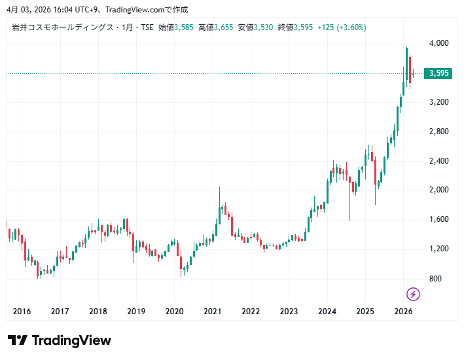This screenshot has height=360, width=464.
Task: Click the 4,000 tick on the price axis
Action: point(438,43)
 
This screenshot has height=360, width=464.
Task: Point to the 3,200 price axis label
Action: point(438,102)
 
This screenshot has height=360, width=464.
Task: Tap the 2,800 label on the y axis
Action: point(438,132)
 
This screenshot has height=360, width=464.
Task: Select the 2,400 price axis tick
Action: point(438,161)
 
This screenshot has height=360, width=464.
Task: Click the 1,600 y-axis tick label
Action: point(438,219)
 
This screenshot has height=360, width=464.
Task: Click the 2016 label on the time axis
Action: point(22,312)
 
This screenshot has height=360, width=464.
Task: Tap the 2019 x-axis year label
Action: point(136,312)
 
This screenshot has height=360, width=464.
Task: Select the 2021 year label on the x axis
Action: point(213,312)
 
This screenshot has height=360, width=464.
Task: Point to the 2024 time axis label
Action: point(327,312)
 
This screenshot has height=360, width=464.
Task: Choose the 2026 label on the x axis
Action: point(404,312)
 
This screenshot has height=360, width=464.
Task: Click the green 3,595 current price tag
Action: point(438,73)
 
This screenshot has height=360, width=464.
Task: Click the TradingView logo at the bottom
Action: point(60,340)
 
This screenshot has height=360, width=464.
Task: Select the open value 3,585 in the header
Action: point(184,27)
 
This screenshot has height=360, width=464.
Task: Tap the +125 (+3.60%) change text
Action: point(341,27)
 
